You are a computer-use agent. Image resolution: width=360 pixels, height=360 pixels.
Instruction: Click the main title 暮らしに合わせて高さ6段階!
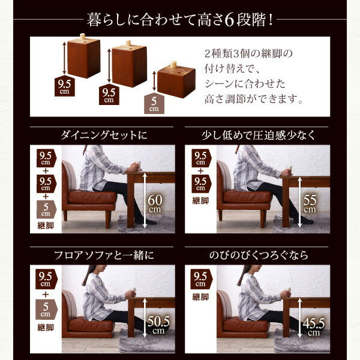click(x=180, y=18)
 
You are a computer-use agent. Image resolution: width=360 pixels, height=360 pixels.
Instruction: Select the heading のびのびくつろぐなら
click(x=257, y=255)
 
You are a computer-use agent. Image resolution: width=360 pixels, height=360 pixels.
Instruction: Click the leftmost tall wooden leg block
click(x=83, y=58)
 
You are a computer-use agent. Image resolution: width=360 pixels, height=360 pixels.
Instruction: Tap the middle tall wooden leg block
click(x=129, y=65)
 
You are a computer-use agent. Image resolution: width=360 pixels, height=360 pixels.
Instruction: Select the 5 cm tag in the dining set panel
click(x=44, y=208)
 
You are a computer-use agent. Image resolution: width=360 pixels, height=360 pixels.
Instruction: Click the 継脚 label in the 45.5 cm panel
click(x=199, y=296)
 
